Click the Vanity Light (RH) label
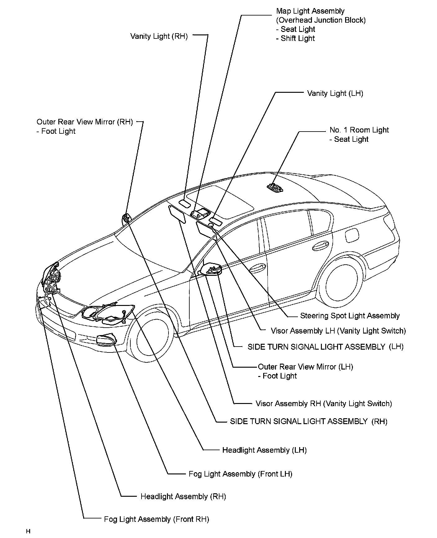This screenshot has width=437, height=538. pos(159,36)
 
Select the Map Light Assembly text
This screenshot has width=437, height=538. pos(310,11)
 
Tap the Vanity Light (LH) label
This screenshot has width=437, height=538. pos(335,93)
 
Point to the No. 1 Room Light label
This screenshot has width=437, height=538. pos(359,130)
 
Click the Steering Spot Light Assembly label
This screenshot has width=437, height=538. pos(350,316)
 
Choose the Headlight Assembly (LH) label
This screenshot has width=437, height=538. pos(264,450)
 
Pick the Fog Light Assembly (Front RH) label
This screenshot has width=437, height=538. pos(156,519)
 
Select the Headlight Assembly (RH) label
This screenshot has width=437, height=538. pos(183,496)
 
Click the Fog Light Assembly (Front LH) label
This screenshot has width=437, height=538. pos(240,474)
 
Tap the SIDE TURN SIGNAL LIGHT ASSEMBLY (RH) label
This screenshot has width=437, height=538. pos(309,421)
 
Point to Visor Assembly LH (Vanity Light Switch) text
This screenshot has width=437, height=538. pos(338,331)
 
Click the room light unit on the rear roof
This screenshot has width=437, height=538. pos(275,187)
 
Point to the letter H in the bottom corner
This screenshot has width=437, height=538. pos(28,531)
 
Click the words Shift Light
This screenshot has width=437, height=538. pos(297,38)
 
